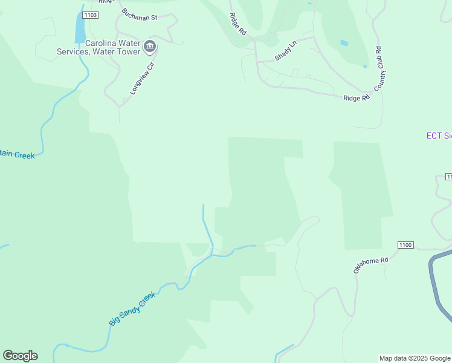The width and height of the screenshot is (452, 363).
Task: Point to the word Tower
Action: [129, 51]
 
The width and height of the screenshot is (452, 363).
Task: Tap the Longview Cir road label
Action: [143, 78]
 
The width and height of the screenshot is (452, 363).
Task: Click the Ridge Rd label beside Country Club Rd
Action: [356, 98]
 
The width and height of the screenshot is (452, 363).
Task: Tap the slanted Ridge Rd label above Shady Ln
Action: [238, 24]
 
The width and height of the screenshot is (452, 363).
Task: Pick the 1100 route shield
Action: [405, 244]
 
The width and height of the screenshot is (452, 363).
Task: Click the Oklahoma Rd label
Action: [370, 264]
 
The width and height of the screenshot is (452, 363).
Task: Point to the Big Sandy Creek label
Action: [132, 309]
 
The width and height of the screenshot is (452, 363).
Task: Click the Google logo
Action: [20, 356]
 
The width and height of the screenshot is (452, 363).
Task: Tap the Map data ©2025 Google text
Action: [415, 358]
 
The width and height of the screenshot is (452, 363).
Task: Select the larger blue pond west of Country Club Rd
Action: [344, 43]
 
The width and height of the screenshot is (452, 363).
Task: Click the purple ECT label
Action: [439, 136]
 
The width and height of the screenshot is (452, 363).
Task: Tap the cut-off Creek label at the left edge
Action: [17, 154]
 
